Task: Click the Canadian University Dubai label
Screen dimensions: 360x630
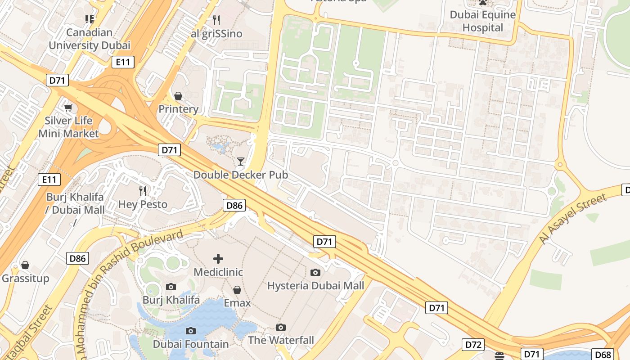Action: point(89,39)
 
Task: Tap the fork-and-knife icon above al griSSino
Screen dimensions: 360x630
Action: point(216,20)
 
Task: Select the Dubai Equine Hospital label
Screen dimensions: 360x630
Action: point(483,21)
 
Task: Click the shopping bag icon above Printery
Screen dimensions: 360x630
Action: point(178,96)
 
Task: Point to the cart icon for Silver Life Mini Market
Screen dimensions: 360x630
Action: point(68,108)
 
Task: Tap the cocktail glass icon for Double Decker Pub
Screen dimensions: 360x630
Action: point(241,162)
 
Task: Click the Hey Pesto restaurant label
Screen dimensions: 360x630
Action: point(143,204)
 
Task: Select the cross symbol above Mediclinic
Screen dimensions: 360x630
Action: point(218,258)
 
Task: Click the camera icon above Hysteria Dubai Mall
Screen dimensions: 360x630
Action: point(315,272)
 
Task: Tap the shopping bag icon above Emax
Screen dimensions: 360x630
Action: point(237,290)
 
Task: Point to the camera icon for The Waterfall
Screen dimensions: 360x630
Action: point(281,327)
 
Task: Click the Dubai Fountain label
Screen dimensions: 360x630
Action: point(191,344)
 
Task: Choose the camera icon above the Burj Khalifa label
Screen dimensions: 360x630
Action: point(171,287)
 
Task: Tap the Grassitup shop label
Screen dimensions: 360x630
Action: point(25,279)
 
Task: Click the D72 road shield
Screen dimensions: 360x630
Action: point(473,345)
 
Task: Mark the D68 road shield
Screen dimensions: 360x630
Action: point(603,354)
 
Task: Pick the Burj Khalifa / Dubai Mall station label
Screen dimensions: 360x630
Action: point(75,203)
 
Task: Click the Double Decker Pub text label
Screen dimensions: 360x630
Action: point(240,175)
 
